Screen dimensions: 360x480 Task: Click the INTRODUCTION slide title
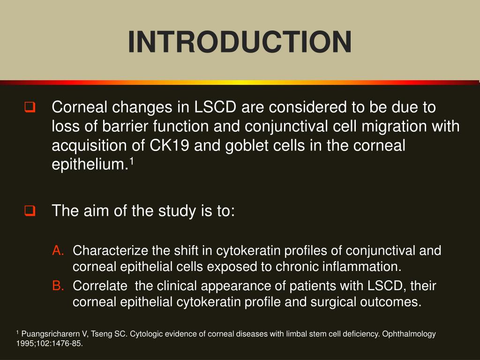240,42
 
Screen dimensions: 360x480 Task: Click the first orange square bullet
30,108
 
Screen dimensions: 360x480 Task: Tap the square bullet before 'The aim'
30,211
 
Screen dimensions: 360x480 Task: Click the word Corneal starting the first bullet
79,108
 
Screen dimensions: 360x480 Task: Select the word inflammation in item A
360,267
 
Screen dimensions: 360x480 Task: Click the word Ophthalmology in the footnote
409,334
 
